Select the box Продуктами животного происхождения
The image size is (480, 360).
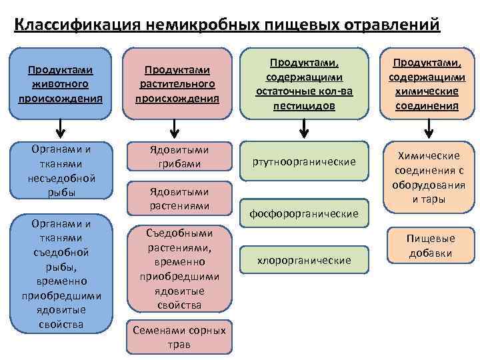click(61, 83)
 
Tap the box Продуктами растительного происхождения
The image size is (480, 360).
click(177, 84)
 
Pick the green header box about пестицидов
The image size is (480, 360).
click(304, 84)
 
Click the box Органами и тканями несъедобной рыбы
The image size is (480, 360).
click(61, 171)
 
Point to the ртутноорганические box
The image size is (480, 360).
click(304, 162)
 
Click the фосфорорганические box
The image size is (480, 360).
click(304, 214)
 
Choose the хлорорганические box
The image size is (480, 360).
click(304, 259)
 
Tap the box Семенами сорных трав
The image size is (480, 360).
click(179, 337)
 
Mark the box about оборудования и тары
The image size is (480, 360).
click(428, 177)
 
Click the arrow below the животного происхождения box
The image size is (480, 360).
click(61, 126)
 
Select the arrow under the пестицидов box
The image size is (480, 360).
click(304, 126)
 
